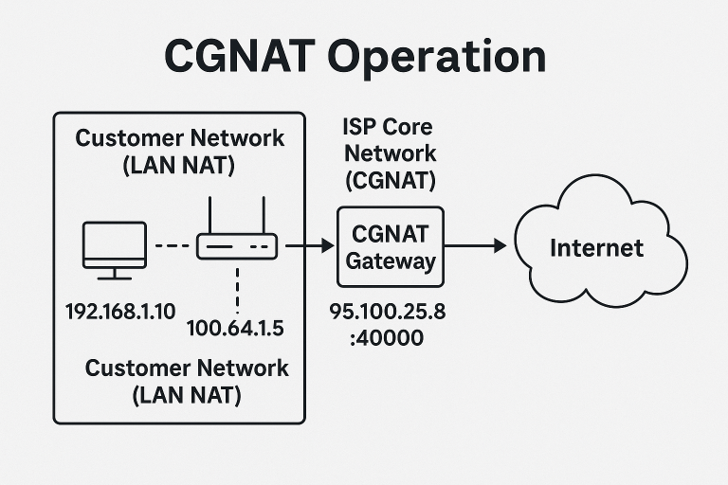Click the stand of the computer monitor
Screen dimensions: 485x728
click(x=115, y=275)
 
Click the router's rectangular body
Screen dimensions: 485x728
click(x=237, y=246)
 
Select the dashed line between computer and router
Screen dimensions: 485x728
click(x=173, y=246)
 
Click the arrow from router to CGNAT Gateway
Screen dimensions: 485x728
click(x=307, y=246)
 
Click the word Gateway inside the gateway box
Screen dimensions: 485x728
click(x=391, y=260)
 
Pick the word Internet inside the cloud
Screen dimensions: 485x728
click(x=597, y=248)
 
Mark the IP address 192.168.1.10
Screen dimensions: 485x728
click(x=119, y=311)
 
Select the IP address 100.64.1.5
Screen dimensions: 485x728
click(x=236, y=329)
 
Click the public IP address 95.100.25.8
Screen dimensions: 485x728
click(x=387, y=311)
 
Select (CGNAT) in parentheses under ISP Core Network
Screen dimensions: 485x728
click(x=390, y=177)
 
